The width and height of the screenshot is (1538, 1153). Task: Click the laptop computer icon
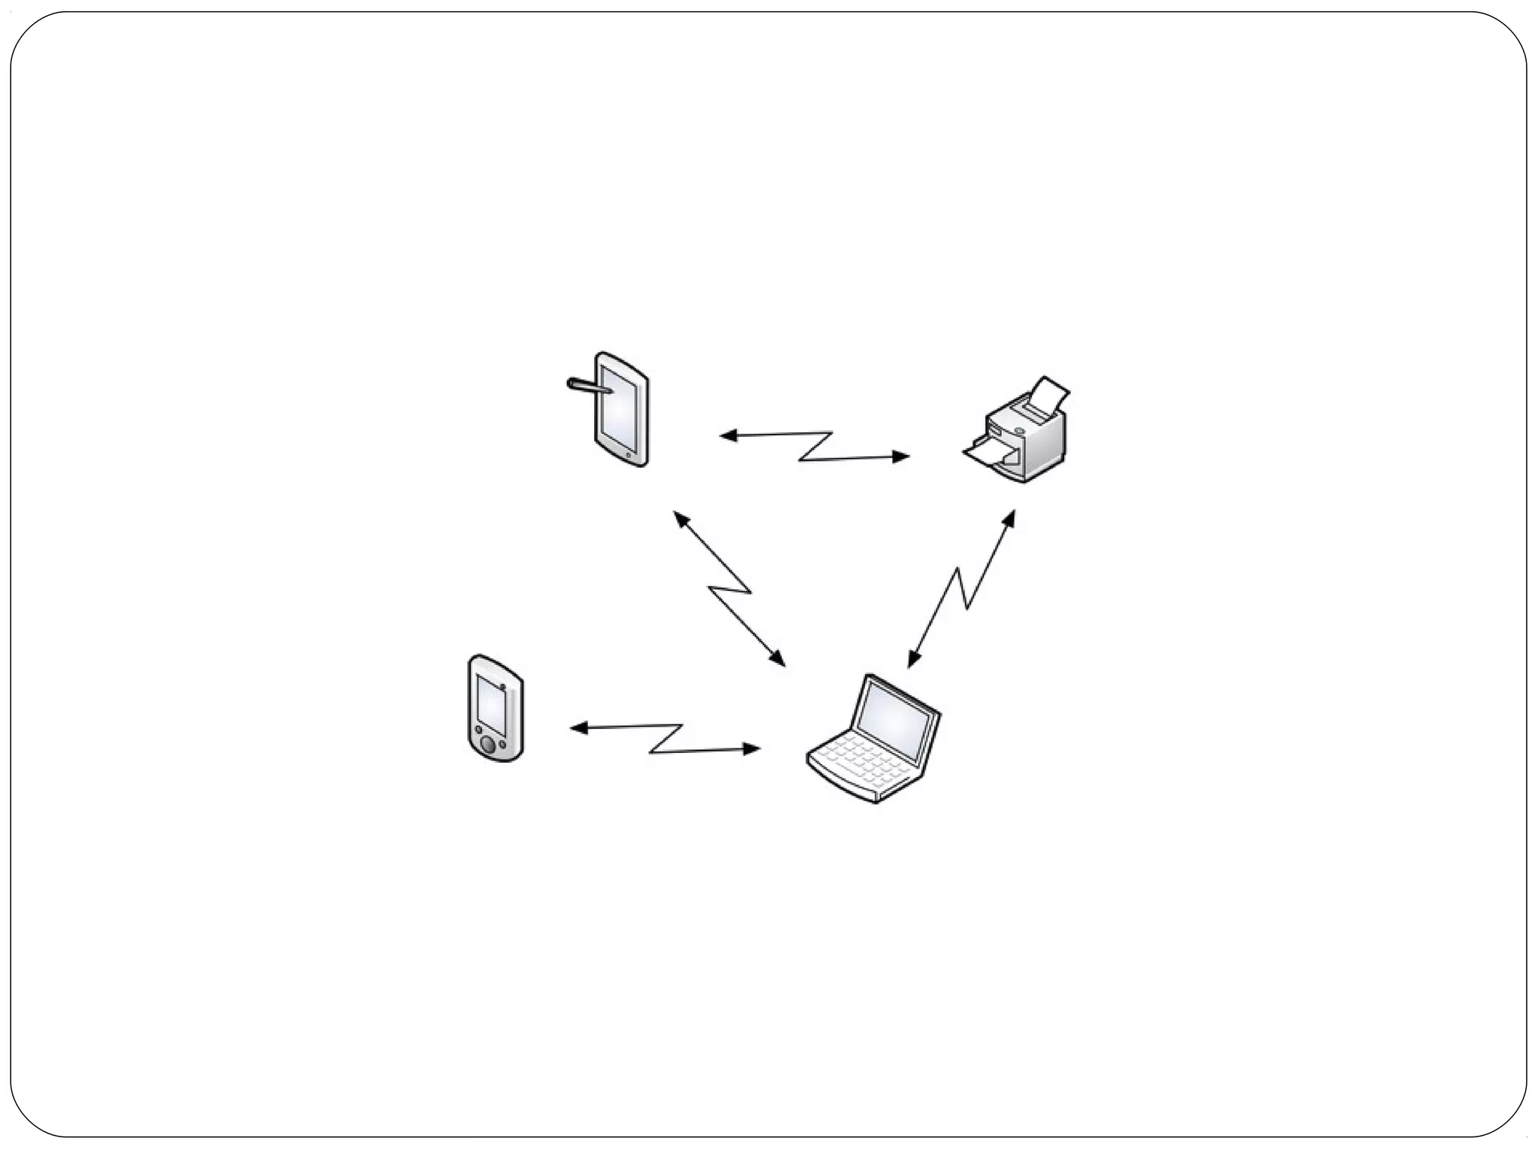pos(875,739)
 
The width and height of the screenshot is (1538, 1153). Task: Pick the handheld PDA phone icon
pos(495,709)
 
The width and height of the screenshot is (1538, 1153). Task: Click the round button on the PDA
pos(488,745)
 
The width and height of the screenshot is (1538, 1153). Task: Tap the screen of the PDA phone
pos(491,705)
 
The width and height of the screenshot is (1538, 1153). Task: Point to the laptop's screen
pos(897,720)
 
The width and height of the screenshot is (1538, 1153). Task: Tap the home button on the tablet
pos(629,455)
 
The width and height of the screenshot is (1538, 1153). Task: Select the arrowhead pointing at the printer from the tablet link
pos(900,456)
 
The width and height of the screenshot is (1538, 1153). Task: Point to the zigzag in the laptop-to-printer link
pos(961,589)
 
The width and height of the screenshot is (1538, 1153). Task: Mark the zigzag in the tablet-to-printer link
pos(816,446)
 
